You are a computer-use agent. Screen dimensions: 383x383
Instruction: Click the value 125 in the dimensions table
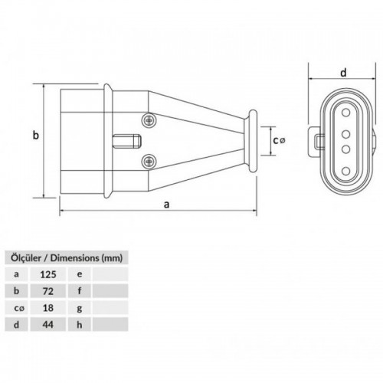coord(48,274)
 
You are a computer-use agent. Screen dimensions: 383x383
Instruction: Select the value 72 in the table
coord(48,291)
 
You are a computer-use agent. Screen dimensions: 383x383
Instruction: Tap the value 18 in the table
coord(48,308)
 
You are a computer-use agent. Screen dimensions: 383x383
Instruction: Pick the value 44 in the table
coord(48,325)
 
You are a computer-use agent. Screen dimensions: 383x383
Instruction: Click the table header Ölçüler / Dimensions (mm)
coord(67,258)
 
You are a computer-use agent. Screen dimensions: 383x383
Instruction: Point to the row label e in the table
coord(80,274)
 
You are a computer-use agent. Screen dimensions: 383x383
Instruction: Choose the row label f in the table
coord(80,291)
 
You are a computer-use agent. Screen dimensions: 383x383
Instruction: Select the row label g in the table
coord(80,309)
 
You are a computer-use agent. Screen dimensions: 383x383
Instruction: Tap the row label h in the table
coord(80,325)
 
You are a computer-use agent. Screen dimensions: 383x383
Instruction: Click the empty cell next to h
coord(110,324)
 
